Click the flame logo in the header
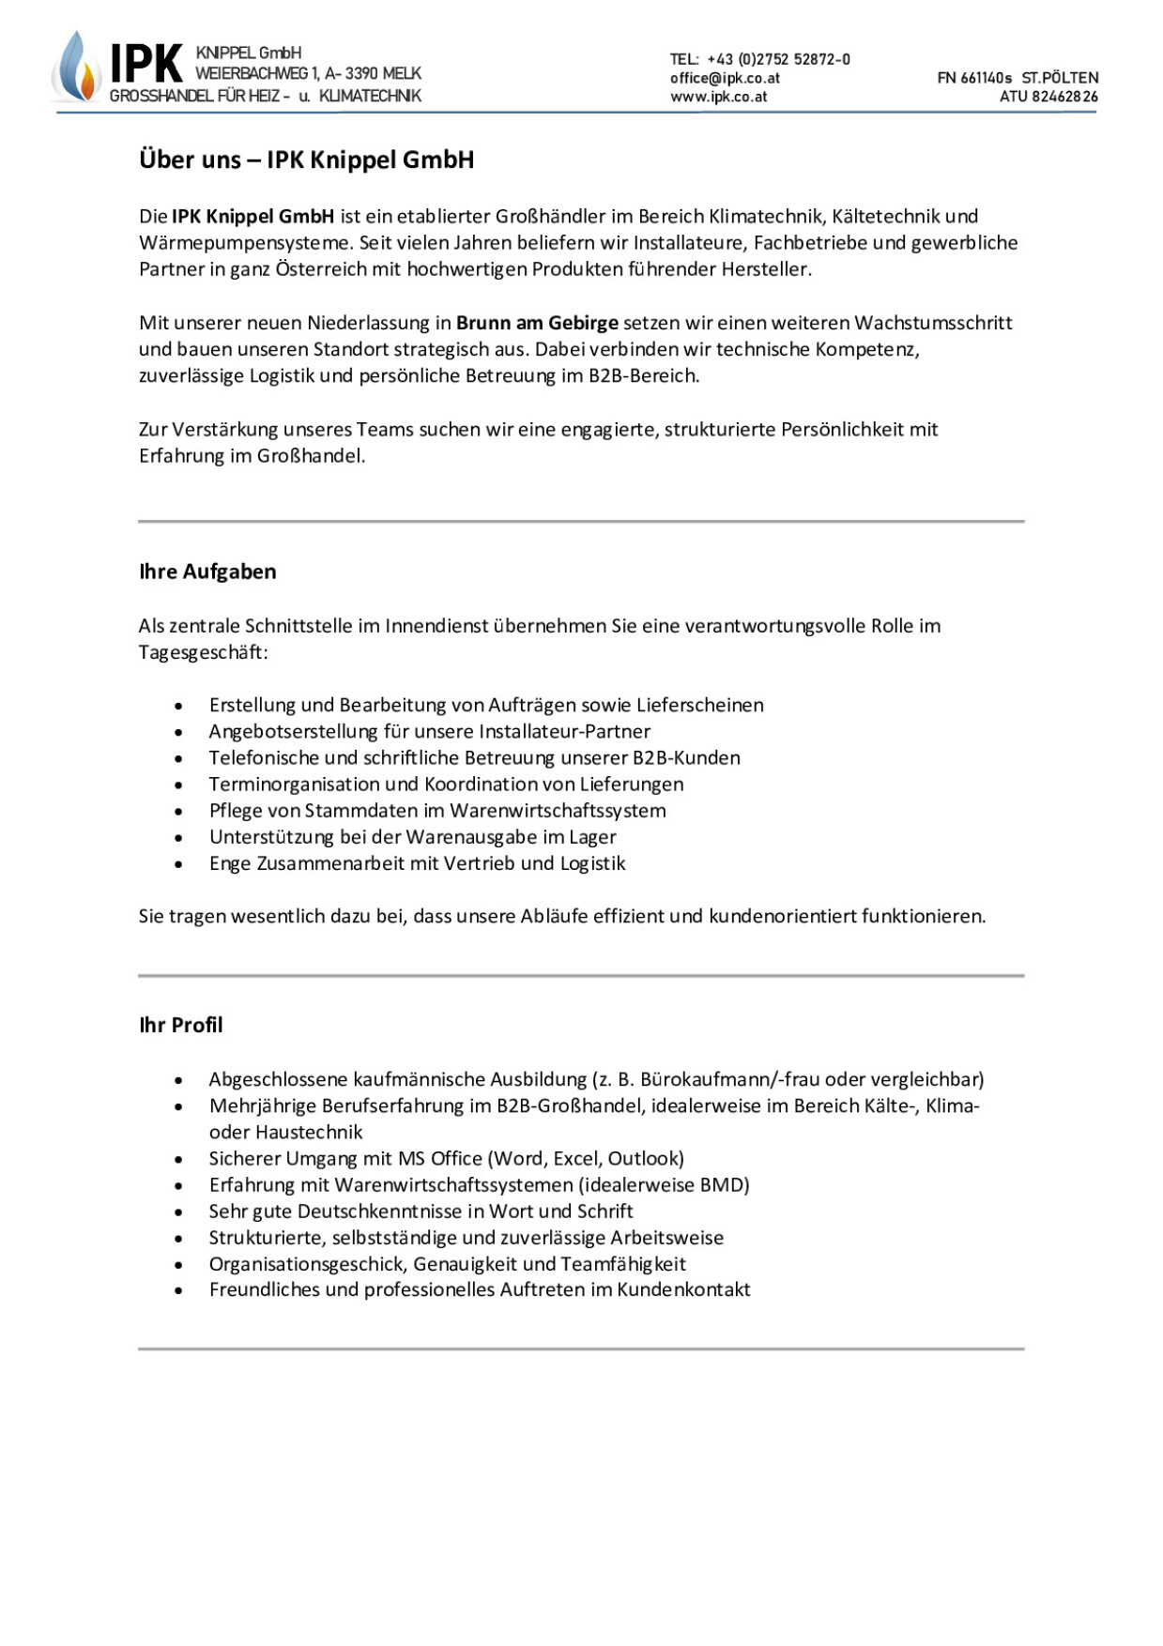click(x=77, y=68)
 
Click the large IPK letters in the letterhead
click(x=145, y=65)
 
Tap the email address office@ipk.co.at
click(x=725, y=78)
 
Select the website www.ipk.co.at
click(x=718, y=97)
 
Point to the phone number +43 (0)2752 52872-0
click(x=778, y=59)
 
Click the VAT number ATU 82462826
click(x=1048, y=97)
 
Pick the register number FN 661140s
click(x=974, y=78)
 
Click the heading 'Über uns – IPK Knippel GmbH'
click(x=306, y=160)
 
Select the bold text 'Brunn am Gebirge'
click(x=537, y=323)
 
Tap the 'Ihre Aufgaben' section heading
click(x=207, y=572)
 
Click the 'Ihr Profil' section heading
click(x=181, y=1025)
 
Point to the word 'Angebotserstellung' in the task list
click(x=294, y=731)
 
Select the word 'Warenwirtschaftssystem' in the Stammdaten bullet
click(x=558, y=810)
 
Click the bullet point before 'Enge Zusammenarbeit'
click(x=178, y=864)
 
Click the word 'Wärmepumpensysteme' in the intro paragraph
click(x=246, y=242)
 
